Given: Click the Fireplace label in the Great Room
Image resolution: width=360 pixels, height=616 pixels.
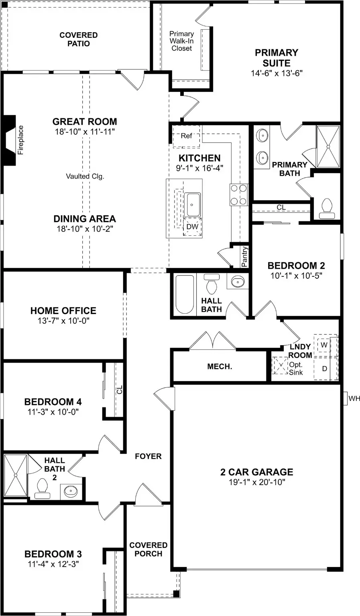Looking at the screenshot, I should [x=21, y=140].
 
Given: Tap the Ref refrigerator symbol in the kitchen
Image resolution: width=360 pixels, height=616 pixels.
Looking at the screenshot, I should [x=186, y=136].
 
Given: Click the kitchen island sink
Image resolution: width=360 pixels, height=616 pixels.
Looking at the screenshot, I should [x=192, y=205].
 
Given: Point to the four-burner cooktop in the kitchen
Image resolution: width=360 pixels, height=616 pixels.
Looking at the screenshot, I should [x=238, y=195].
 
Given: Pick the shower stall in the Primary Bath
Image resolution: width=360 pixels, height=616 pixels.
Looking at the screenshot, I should [x=328, y=146].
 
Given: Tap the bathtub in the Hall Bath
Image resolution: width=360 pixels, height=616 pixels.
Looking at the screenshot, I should [x=185, y=294].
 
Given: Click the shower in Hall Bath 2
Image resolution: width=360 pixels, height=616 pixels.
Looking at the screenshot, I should [x=15, y=475].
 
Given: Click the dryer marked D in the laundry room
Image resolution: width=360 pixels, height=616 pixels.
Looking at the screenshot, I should [x=325, y=369].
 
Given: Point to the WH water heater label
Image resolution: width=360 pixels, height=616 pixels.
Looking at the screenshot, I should [x=354, y=399].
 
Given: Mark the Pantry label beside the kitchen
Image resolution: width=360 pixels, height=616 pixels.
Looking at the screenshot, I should [x=244, y=257].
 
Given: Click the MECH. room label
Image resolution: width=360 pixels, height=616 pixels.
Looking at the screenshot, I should [x=220, y=367].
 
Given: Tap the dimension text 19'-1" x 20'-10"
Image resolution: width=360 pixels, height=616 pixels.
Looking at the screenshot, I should [x=257, y=482].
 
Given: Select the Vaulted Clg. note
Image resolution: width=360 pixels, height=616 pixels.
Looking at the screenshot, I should [x=85, y=176].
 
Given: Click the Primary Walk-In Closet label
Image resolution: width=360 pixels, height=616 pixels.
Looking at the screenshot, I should [x=181, y=41].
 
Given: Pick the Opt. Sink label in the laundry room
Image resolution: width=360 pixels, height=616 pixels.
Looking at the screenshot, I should [x=296, y=369].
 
